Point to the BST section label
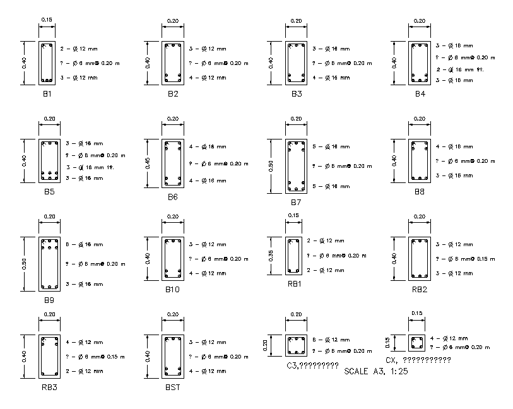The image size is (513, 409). click(x=173, y=387)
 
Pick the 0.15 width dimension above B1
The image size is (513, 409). click(x=47, y=20)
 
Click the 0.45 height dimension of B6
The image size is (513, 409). click(x=147, y=163)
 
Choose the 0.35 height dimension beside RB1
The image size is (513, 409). click(x=271, y=256)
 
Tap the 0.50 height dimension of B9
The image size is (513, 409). click(x=24, y=264)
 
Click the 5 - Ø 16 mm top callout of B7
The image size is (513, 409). click(x=331, y=146)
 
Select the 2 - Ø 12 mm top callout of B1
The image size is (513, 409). click(x=79, y=49)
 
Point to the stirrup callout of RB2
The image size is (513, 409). click(x=466, y=258)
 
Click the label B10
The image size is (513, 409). click(x=173, y=290)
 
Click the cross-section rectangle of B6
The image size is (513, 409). click(x=173, y=163)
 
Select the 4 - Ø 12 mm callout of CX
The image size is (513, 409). click(x=449, y=338)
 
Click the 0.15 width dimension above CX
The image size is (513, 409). click(x=417, y=314)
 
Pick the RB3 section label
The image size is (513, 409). click(x=49, y=387)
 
